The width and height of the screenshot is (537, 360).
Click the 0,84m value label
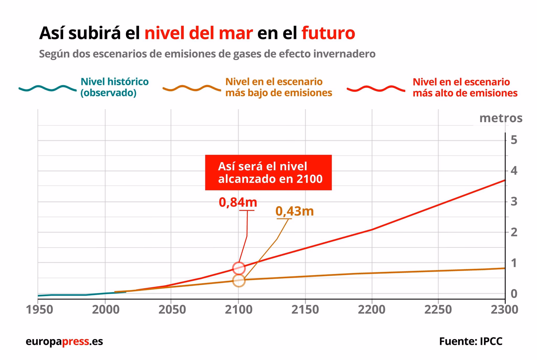238,202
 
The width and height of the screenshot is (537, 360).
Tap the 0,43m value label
295,211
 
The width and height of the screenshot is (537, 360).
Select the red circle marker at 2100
239,268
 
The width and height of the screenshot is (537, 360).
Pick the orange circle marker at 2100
239,281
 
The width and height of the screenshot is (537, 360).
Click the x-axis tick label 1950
39,310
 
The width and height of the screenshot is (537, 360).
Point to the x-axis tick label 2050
172,310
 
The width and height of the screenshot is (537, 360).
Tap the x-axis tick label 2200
371,310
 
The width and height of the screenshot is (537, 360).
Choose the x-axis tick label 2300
504,310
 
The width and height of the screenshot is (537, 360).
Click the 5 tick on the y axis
514,140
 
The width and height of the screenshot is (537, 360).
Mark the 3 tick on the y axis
514,202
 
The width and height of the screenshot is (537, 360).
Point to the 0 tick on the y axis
514,294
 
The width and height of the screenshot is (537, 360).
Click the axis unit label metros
501,118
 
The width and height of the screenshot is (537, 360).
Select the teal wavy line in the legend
48,88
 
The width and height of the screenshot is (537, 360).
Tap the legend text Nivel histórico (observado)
114,87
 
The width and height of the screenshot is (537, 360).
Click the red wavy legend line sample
376,89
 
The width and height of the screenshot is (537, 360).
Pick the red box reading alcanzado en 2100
268,173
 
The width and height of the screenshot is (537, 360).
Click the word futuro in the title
328,33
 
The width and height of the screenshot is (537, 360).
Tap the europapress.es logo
64,341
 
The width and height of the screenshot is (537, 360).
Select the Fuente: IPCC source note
470,341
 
